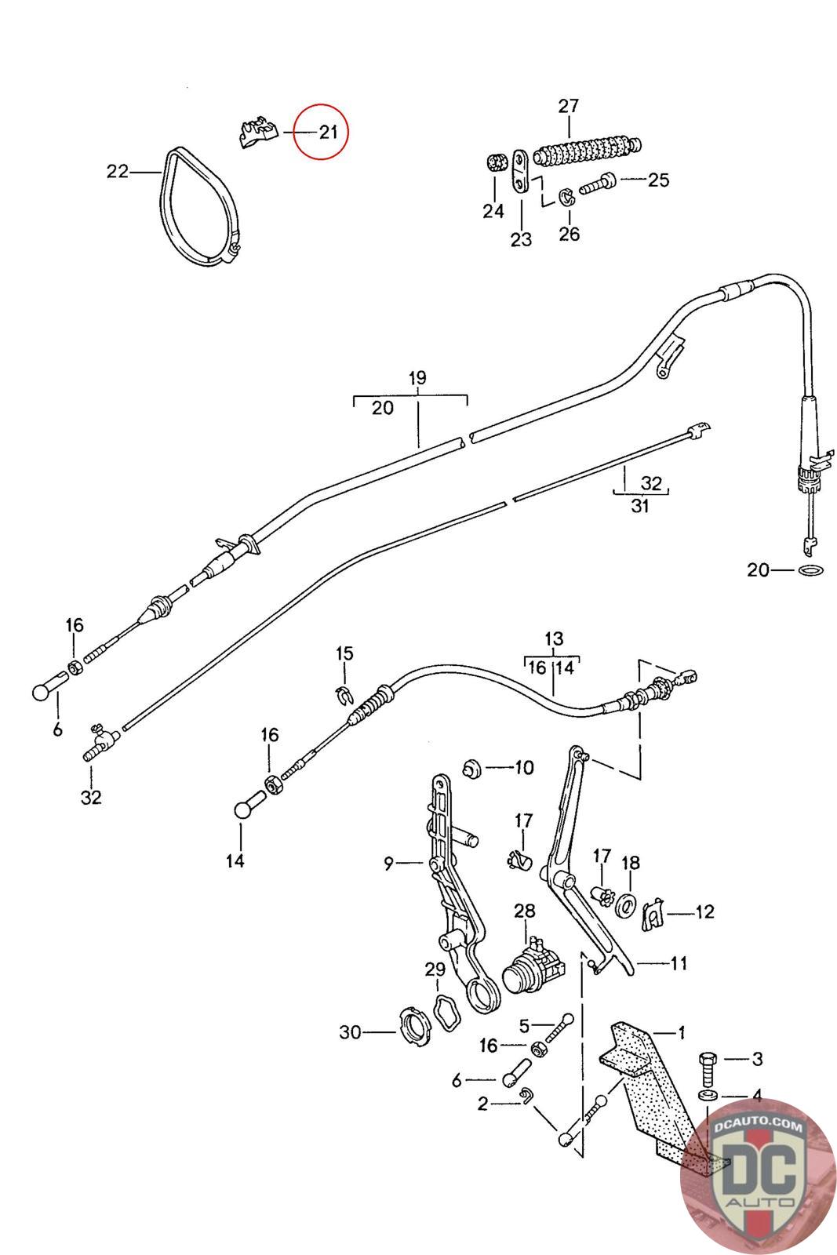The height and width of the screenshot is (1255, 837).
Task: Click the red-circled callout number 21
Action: (329, 133)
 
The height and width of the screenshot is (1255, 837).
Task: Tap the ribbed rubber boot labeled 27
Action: (587, 151)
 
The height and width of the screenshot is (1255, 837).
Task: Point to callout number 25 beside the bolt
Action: (659, 180)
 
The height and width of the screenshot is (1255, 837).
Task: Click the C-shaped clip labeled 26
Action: (566, 197)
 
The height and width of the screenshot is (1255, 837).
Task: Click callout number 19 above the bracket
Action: (417, 377)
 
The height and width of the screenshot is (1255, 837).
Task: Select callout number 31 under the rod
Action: (640, 506)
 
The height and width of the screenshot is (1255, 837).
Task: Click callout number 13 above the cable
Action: (554, 638)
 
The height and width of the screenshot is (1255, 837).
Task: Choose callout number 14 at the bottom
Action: (235, 860)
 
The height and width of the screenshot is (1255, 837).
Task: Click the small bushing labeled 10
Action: (472, 769)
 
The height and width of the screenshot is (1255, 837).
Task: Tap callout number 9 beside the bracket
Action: (388, 864)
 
